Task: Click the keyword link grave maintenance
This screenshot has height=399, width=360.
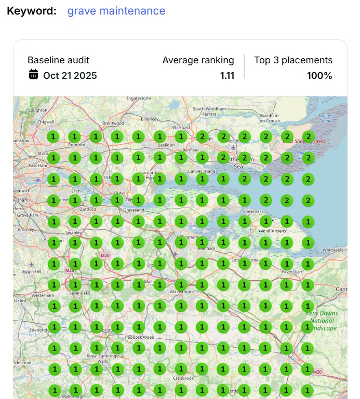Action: click(116, 11)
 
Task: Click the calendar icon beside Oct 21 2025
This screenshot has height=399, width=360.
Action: click(33, 74)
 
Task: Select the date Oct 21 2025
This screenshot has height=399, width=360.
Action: click(70, 75)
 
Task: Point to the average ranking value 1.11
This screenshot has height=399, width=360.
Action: click(227, 75)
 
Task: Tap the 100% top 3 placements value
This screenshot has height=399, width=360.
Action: click(319, 75)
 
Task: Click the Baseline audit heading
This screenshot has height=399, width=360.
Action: click(58, 60)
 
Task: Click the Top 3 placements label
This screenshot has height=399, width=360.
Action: click(293, 60)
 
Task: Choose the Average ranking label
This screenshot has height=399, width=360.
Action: click(198, 60)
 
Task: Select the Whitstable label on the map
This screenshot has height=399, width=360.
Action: click(333, 250)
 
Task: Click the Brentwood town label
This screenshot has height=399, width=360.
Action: click(113, 123)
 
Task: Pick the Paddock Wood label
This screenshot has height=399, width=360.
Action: click(139, 337)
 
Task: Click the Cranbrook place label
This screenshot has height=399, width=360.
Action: click(184, 378)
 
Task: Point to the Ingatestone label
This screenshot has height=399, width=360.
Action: click(139, 98)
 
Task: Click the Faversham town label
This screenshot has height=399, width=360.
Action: click(291, 271)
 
